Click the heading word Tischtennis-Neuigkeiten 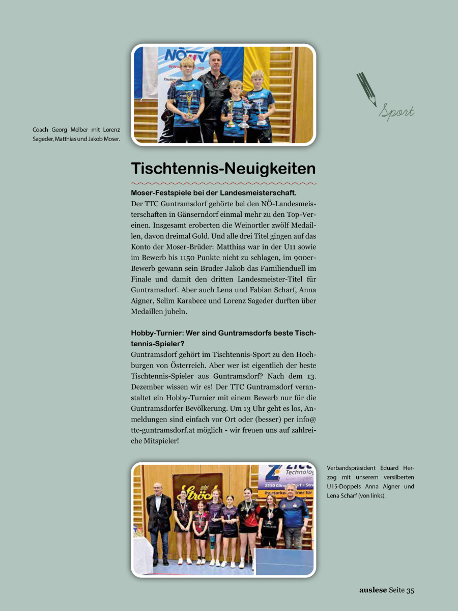click(223, 169)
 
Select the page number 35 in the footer click(410, 590)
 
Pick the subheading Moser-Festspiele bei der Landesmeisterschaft click(214, 193)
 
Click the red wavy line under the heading click(223, 183)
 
